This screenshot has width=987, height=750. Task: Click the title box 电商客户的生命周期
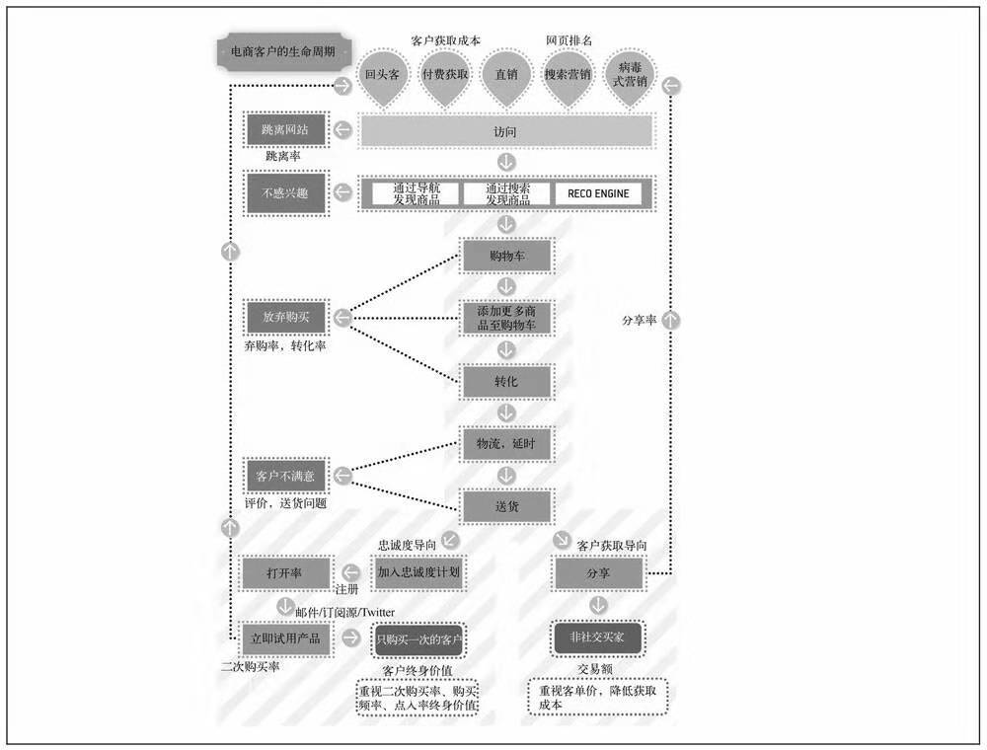(275, 52)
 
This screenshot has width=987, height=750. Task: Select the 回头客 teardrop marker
(382, 74)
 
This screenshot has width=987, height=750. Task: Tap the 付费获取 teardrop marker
(444, 74)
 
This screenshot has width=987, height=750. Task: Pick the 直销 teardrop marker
(507, 74)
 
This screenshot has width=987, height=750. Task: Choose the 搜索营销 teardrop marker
(569, 74)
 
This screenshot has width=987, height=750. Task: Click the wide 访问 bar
(505, 130)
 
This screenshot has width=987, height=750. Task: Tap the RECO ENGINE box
(603, 193)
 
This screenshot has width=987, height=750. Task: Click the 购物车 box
(507, 256)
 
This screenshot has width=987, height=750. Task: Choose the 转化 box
(507, 381)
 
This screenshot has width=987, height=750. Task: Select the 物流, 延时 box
(507, 444)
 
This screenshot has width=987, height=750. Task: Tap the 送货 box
(507, 506)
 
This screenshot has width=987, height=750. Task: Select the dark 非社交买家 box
(598, 637)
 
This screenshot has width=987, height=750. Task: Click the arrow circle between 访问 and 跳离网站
(342, 130)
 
